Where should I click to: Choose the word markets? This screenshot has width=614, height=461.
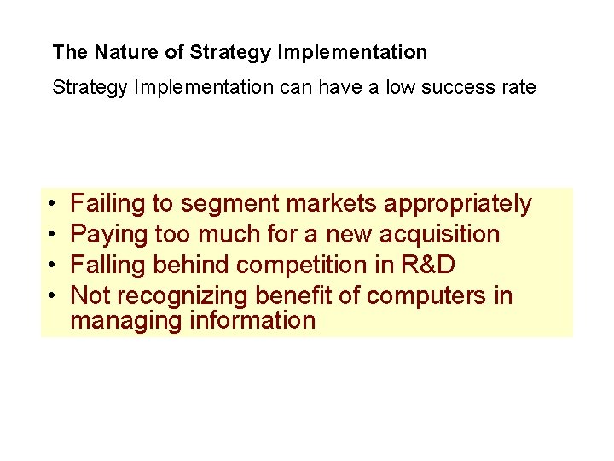[x=332, y=204]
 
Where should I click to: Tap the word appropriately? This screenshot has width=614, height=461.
[x=458, y=204]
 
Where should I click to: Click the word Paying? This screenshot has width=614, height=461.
[x=107, y=234]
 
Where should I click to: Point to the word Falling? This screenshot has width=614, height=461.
[x=108, y=265]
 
